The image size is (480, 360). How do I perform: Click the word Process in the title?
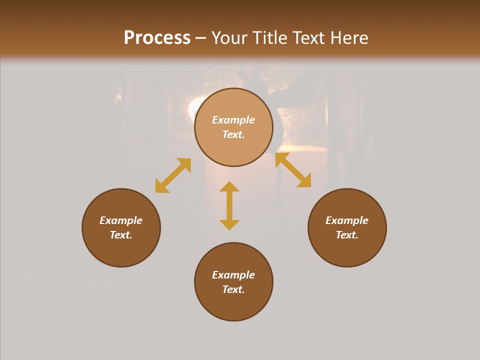tap(157, 37)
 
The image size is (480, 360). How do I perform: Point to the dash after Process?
tap(201, 38)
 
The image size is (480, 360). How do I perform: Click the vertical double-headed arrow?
tap(229, 206)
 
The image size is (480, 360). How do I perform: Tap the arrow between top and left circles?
tap(173, 175)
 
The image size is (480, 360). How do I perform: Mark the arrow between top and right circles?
tap(293, 170)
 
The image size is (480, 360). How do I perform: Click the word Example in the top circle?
tap(233, 120)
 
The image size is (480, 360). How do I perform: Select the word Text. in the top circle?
tap(233, 134)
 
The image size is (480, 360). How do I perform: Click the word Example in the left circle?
tap(121, 220)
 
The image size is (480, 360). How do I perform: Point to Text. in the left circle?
tap(121, 235)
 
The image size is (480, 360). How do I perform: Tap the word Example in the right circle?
tap(347, 220)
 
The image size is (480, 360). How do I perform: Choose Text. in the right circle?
tap(347, 235)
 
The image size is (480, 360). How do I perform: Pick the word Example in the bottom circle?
tap(233, 275)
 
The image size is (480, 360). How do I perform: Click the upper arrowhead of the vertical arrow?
tap(229, 186)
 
